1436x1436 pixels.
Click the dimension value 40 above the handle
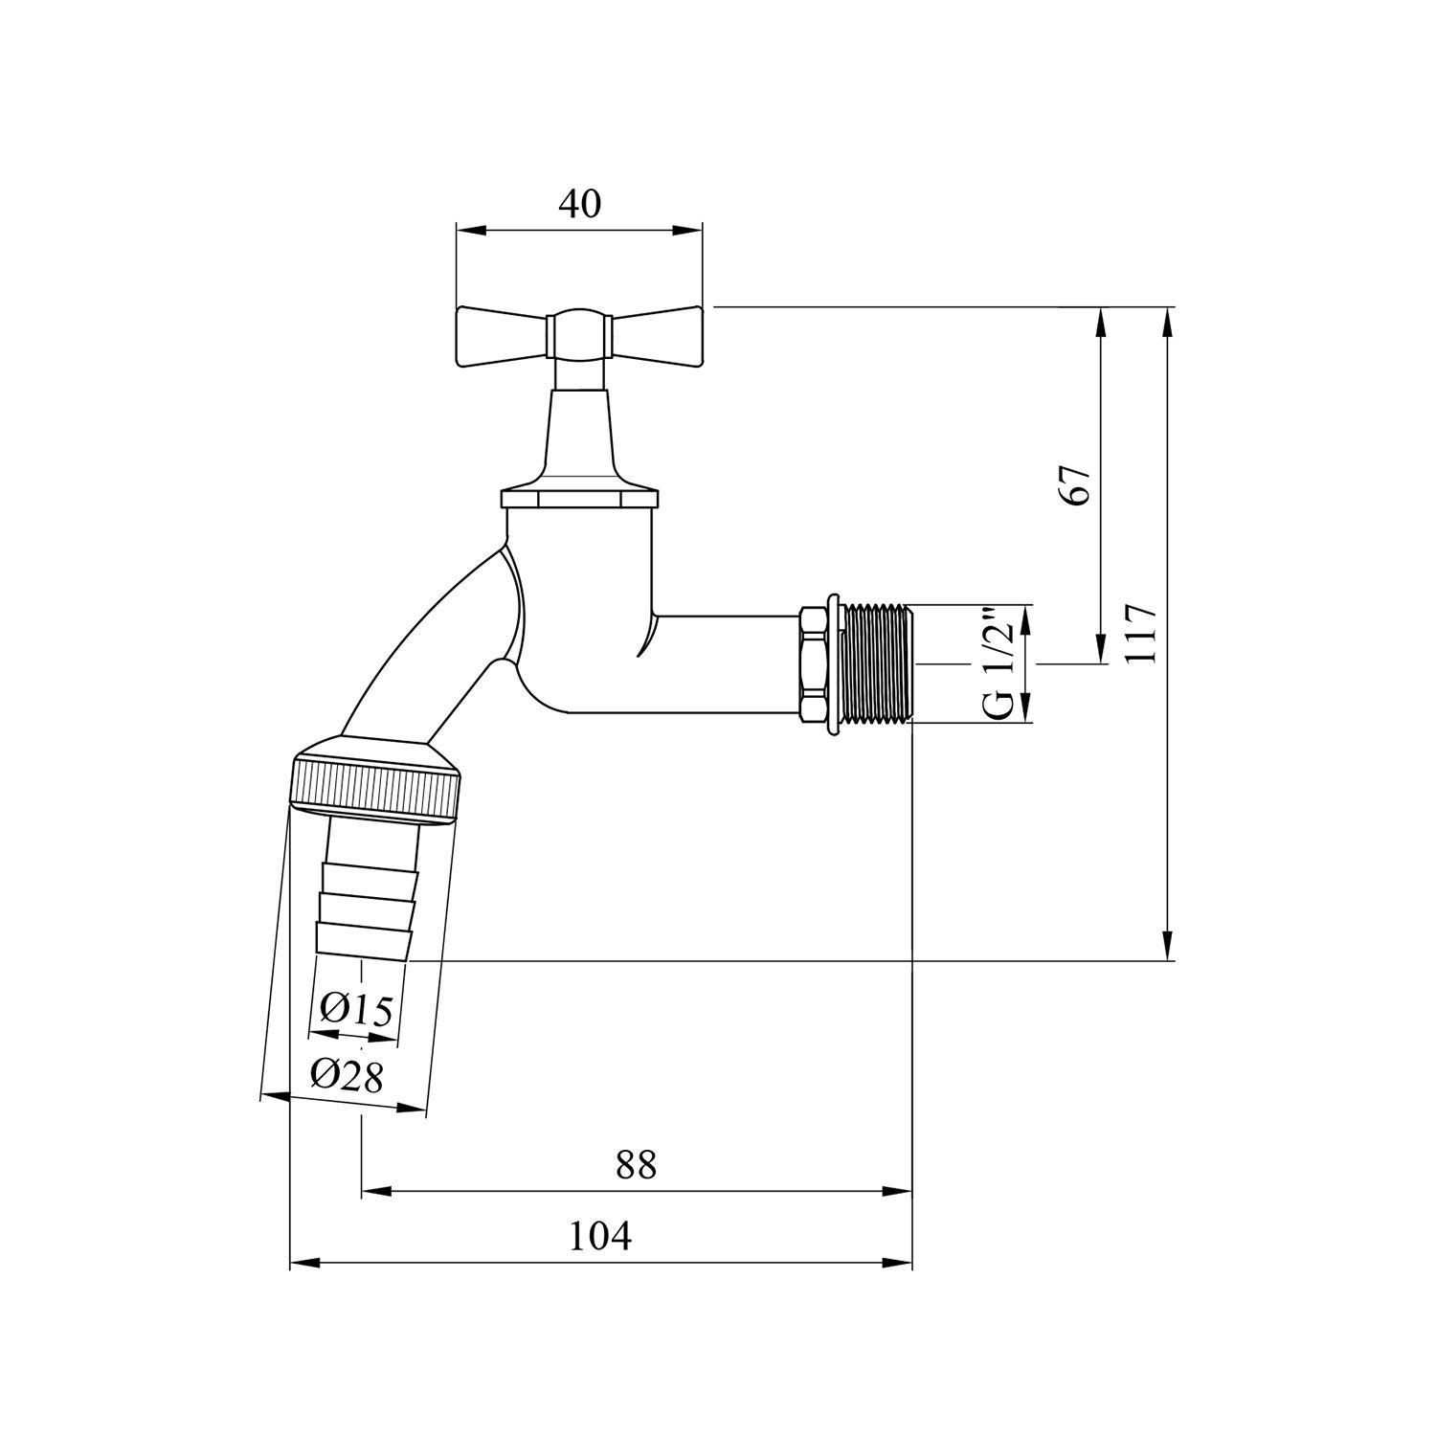pyautogui.click(x=579, y=203)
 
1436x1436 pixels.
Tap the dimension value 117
pyautogui.click(x=1144, y=634)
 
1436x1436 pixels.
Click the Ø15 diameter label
pyautogui.click(x=356, y=1009)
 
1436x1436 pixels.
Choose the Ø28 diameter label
pyautogui.click(x=347, y=1077)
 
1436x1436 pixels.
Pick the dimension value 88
pyautogui.click(x=636, y=1165)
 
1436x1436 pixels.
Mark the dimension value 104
pyautogui.click(x=600, y=1237)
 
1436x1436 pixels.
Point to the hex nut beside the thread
pyautogui.click(x=813, y=663)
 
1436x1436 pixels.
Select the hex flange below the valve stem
pyautogui.click(x=580, y=499)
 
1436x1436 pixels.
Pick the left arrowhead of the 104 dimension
pyautogui.click(x=303, y=1264)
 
